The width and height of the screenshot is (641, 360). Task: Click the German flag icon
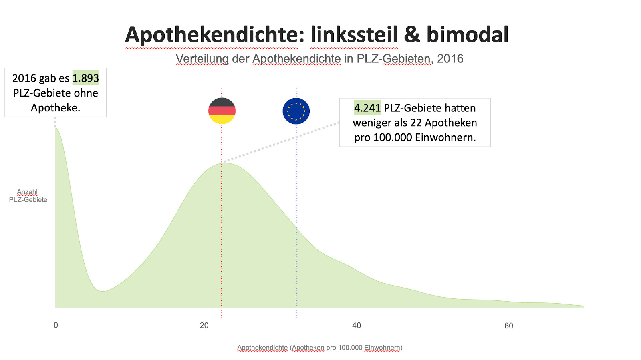[222, 111]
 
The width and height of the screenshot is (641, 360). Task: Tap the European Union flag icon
[296, 111]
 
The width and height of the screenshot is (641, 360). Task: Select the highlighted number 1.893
[85, 78]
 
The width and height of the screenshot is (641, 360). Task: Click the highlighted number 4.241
[367, 108]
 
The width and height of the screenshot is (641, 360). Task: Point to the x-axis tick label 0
[56, 325]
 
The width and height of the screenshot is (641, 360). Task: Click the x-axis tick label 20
[204, 326]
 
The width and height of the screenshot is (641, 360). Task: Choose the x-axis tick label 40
[357, 326]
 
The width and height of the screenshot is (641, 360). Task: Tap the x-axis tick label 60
[509, 326]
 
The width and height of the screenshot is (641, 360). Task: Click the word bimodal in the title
[467, 35]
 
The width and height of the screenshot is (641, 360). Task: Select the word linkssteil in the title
[354, 35]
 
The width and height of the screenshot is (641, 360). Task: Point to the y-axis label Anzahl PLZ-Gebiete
[28, 196]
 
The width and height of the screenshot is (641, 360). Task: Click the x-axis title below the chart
[320, 348]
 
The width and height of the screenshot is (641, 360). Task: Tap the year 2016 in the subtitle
[450, 59]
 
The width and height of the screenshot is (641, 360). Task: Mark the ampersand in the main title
[412, 35]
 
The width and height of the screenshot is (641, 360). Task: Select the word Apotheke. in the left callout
[56, 108]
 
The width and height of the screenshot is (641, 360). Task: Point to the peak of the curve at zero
[56, 129]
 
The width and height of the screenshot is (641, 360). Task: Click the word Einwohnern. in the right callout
[445, 137]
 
